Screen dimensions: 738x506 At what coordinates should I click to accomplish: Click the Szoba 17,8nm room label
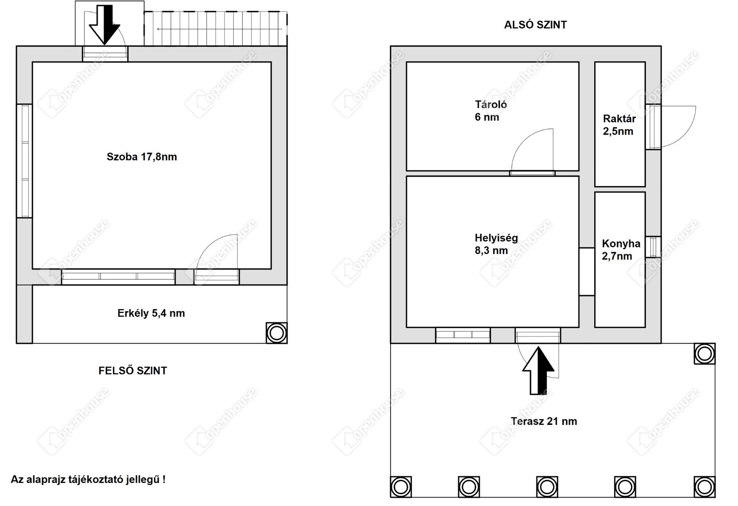[142, 157]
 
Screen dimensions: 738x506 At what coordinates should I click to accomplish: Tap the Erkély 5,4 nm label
[151, 313]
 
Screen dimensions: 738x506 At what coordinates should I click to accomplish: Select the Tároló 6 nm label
[491, 111]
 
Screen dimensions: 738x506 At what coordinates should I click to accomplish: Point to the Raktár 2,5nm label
[619, 125]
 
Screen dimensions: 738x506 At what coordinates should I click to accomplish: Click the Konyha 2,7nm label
[621, 250]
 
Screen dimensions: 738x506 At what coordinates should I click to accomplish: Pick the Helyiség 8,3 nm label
[496, 244]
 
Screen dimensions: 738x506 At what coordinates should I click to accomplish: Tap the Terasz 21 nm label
[544, 421]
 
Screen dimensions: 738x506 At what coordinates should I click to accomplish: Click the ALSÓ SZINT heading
[535, 25]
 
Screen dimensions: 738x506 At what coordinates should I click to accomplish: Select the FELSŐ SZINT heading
[133, 371]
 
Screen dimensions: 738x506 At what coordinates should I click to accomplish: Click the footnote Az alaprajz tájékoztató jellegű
[88, 479]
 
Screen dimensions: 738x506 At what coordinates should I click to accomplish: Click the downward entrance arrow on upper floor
[104, 25]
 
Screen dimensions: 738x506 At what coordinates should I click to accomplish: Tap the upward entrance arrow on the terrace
[538, 371]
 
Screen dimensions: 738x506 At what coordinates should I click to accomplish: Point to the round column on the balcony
[276, 333]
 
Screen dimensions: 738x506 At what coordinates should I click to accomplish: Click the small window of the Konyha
[653, 247]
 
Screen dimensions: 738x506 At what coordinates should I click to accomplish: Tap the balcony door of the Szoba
[217, 259]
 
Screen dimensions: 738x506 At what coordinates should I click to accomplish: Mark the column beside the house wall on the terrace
[705, 354]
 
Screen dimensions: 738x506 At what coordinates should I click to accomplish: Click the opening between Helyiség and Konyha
[587, 272]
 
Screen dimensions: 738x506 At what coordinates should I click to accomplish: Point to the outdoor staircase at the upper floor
[215, 29]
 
